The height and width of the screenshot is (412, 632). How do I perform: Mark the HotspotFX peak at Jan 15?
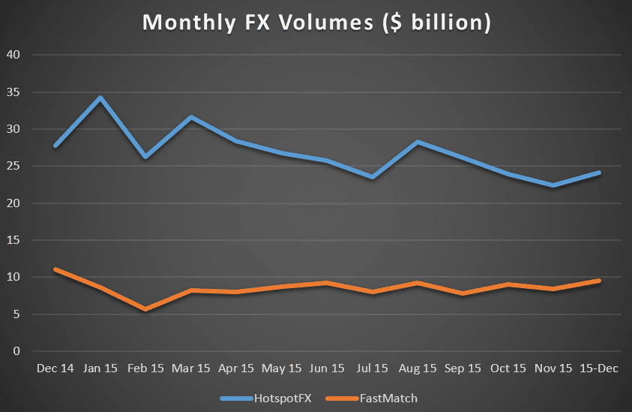(100, 98)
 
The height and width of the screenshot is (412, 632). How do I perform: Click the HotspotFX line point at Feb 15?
(145, 157)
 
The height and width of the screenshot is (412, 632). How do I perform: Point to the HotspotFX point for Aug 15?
(418, 142)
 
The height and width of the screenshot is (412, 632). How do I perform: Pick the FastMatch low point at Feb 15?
(145, 309)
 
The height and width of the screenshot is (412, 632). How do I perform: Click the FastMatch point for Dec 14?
(55, 269)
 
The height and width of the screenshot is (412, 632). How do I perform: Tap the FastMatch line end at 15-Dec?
(599, 281)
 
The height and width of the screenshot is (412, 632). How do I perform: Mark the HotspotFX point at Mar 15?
(190, 117)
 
